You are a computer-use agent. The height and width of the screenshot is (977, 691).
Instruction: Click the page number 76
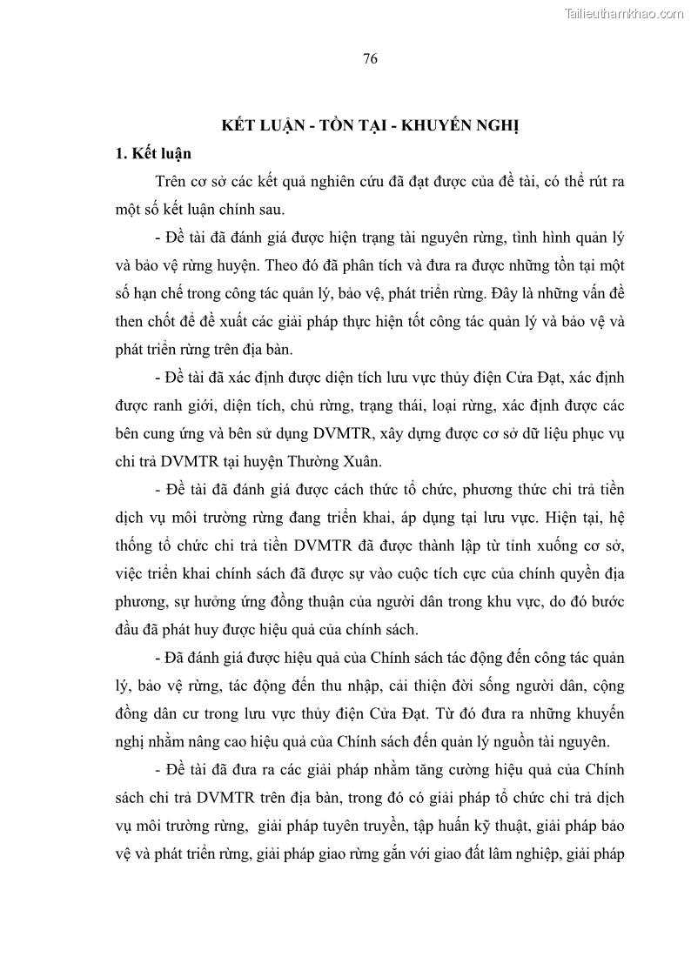pos(369,59)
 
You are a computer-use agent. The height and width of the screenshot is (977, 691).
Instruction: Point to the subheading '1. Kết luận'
pos(153,154)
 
